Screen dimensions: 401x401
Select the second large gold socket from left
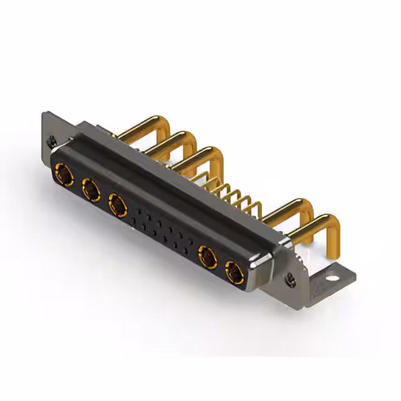91,188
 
